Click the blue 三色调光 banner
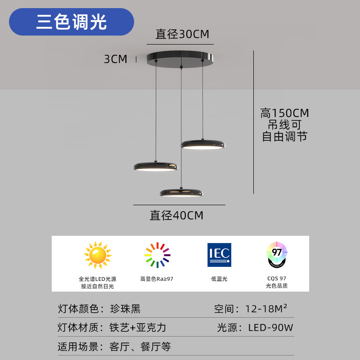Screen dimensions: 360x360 (x=72, y=22)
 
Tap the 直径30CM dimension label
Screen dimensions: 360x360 (x=182, y=34)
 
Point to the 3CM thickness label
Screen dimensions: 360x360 (x=116, y=59)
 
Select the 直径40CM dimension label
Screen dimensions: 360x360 (x=176, y=216)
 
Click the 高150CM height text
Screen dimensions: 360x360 (x=284, y=113)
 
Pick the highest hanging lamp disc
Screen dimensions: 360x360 (x=202, y=144)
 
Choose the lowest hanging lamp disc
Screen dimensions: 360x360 (x=181, y=193)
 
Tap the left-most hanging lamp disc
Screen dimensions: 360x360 (x=156, y=166)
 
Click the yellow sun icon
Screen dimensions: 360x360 (x=97, y=255)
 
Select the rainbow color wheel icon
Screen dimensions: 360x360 (x=157, y=255)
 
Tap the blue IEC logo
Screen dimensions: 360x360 (x=219, y=255)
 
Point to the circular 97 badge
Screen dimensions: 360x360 (x=277, y=255)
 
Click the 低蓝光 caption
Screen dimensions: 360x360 (x=219, y=279)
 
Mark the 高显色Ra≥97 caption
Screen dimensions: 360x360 (x=157, y=279)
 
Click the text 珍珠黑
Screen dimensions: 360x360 (x=125, y=309)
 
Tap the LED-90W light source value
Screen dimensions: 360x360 (x=270, y=328)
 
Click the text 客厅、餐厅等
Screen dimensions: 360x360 (x=140, y=347)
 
